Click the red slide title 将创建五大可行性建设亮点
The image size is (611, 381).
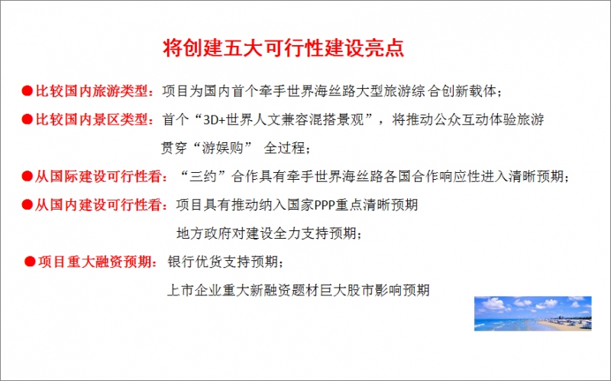(x=283, y=48)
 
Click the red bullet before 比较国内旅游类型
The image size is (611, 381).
(x=27, y=91)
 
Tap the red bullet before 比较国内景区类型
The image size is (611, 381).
(x=27, y=119)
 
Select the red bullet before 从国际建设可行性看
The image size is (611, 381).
(x=27, y=176)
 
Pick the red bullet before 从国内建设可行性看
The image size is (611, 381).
(x=27, y=204)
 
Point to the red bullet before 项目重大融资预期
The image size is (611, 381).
(x=30, y=262)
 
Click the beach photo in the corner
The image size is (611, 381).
(x=532, y=314)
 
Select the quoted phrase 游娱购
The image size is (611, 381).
(x=222, y=148)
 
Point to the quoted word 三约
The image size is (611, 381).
(x=202, y=177)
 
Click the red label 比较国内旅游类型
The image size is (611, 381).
(x=92, y=91)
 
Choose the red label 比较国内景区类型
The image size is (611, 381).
(x=92, y=119)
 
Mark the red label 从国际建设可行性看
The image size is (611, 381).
(x=99, y=177)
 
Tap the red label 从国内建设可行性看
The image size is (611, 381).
(x=99, y=204)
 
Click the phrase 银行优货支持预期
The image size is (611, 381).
(x=222, y=262)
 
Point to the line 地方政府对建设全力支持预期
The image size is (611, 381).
(x=266, y=233)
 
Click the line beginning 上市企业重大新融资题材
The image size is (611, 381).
(x=298, y=290)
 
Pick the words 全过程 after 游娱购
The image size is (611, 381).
(x=284, y=148)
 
